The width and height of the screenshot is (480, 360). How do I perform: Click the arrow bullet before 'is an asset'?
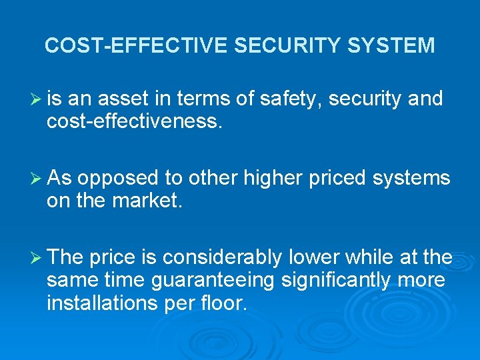(x=37, y=99)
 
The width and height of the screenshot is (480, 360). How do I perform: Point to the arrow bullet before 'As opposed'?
(x=37, y=178)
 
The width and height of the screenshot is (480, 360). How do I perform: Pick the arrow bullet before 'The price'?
(x=37, y=257)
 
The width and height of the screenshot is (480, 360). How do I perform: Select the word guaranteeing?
(x=213, y=280)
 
